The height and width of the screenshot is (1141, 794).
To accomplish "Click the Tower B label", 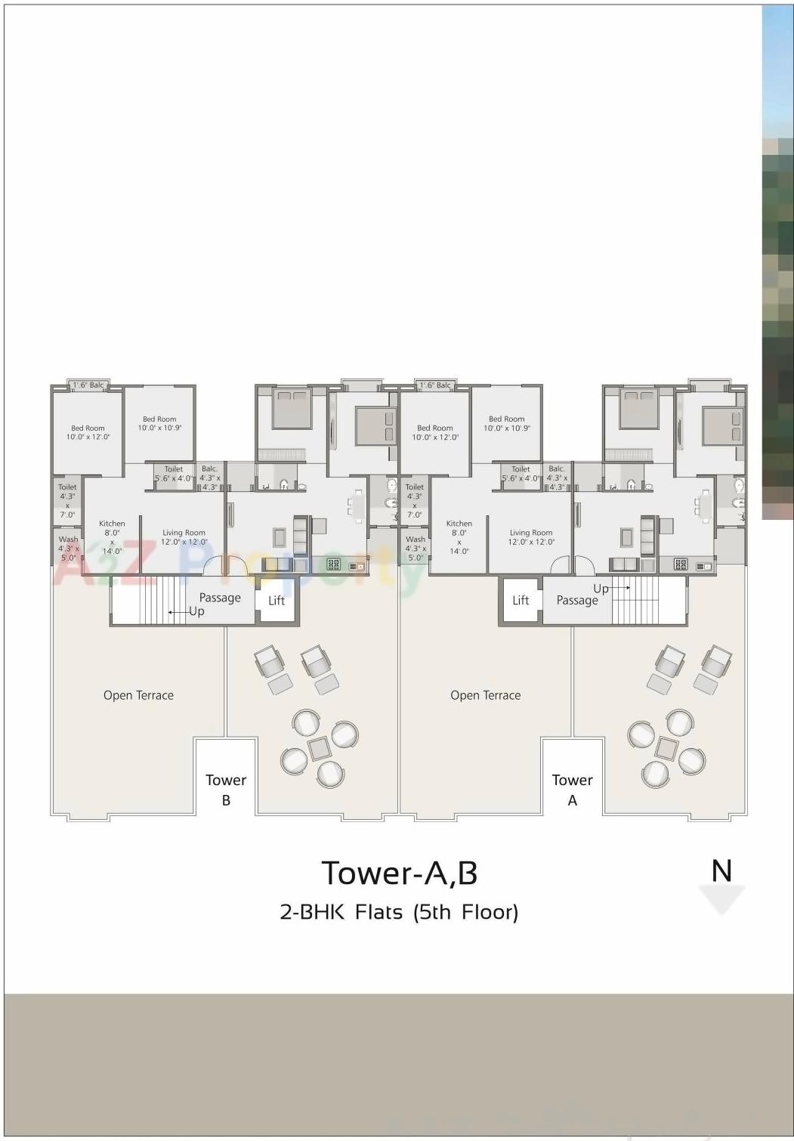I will tap(226, 789).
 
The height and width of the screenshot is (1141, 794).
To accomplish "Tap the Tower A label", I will tap(572, 789).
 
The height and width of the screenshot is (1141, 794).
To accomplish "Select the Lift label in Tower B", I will tap(277, 601).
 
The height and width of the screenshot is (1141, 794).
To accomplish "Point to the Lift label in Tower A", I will tap(521, 601).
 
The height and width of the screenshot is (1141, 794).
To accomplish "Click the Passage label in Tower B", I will tap(220, 598).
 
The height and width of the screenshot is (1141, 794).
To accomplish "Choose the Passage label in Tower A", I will tap(577, 601).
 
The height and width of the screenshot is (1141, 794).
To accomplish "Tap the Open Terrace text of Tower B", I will tap(138, 695).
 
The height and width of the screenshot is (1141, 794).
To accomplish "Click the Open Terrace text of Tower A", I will tap(485, 695).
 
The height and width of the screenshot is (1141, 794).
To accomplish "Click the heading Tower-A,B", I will tap(400, 873).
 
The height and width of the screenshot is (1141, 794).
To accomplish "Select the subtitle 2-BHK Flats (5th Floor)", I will tap(399, 912).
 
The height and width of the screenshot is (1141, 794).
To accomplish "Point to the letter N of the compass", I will tap(721, 871).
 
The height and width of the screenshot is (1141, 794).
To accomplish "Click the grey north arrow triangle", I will tap(721, 899).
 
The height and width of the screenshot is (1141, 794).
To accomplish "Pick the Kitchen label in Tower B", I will tap(112, 524).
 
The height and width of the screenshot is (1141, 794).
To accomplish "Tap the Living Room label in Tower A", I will tap(530, 533).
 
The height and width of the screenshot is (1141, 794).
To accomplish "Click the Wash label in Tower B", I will tap(68, 540).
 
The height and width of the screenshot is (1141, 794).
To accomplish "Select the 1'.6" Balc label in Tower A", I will tap(435, 385).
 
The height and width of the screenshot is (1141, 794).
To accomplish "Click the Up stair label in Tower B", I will tap(196, 611).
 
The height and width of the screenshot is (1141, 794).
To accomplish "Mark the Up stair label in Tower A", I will tap(601, 589).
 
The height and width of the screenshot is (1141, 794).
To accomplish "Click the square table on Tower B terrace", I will tap(319, 748).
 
